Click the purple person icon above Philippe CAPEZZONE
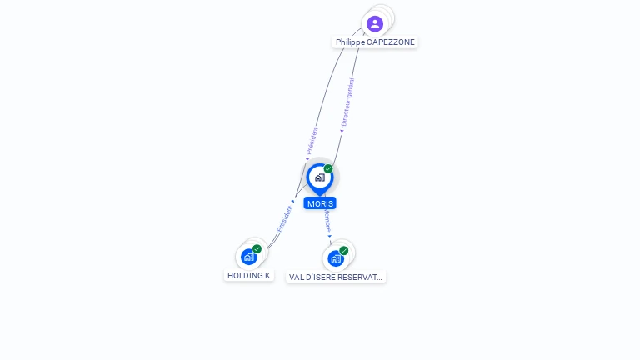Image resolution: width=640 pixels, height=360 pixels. click(x=375, y=23)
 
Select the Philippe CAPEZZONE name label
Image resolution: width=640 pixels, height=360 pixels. click(x=375, y=42)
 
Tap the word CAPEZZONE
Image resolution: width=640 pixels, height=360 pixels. click(x=391, y=42)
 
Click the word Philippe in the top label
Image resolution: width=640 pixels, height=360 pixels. click(x=350, y=42)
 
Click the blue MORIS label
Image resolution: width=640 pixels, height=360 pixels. click(x=320, y=203)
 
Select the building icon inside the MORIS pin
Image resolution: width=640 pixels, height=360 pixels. click(x=319, y=177)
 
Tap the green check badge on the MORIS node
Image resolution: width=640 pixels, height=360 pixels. click(x=328, y=169)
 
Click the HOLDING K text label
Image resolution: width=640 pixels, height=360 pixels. click(x=248, y=276)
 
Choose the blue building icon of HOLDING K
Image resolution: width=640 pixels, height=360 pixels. click(x=248, y=257)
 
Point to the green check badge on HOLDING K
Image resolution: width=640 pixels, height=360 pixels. click(x=257, y=249)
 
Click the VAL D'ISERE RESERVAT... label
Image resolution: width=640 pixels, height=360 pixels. click(x=336, y=277)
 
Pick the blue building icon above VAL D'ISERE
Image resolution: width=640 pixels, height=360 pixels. click(x=335, y=258)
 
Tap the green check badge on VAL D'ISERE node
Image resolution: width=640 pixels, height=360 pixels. click(x=343, y=251)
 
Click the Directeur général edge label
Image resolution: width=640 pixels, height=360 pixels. click(x=347, y=103)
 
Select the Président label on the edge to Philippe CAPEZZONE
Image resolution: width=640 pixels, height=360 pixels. click(x=312, y=141)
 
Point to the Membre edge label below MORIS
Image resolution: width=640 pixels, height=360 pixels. click(x=327, y=221)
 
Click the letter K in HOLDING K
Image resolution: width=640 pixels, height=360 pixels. click(x=267, y=276)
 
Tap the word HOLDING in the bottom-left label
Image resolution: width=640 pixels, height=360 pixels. click(x=245, y=276)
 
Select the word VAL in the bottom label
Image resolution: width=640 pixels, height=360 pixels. click(x=297, y=277)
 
